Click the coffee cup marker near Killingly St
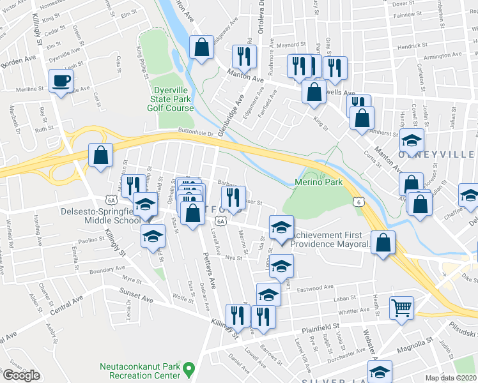61,81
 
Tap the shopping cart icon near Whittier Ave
402,309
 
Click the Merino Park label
319,183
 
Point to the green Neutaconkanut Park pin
189,368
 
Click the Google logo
21,375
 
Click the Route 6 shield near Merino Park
360,201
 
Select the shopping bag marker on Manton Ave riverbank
202,47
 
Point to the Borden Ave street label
19,60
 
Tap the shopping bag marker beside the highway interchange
101,154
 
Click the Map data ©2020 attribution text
451,378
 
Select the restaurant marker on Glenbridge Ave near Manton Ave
244,57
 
